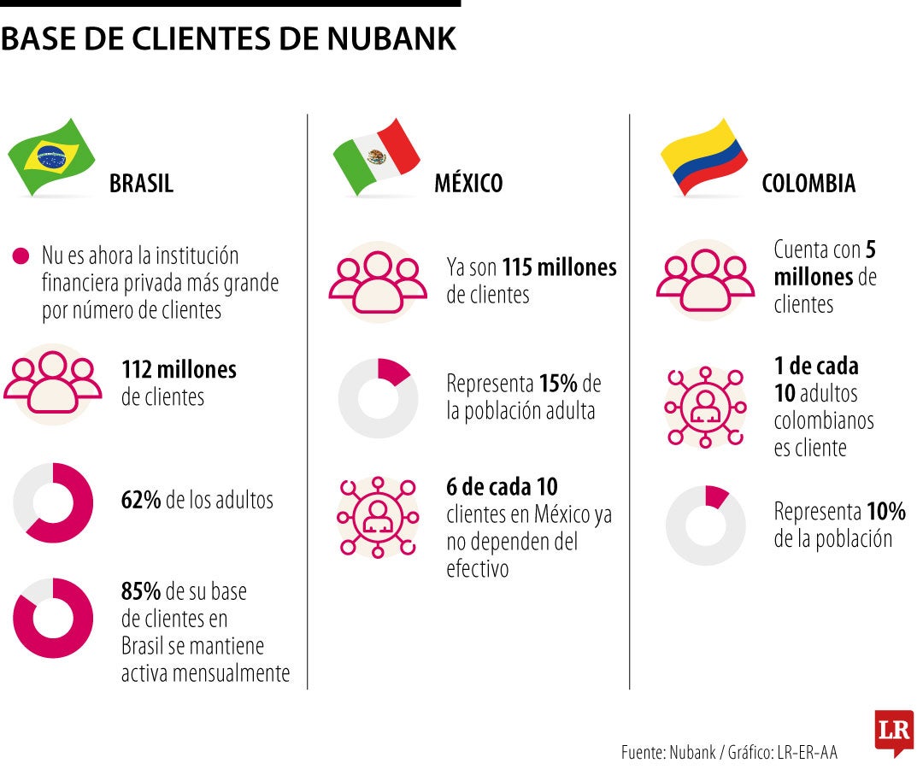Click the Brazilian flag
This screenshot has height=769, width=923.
[51, 157]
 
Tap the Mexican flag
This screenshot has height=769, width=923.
[377, 157]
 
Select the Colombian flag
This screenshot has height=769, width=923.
[704, 157]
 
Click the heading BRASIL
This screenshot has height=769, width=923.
[141, 184]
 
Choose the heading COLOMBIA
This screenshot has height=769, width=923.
[808, 184]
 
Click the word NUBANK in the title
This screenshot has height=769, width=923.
[391, 38]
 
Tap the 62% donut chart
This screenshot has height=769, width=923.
[53, 503]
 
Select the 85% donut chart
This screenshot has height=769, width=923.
[53, 618]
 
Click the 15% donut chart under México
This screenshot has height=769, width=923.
[379, 398]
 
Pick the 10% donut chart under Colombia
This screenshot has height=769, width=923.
[706, 525]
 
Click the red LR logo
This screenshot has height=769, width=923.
[895, 731]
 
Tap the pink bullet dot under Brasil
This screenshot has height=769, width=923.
[21, 256]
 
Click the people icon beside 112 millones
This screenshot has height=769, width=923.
[53, 384]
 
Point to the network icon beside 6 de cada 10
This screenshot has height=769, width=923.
[378, 517]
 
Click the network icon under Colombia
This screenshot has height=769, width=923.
[705, 407]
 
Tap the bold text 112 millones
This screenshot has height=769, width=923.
[179, 369]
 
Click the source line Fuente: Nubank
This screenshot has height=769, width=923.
[729, 752]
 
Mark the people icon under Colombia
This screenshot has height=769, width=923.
[705, 280]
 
